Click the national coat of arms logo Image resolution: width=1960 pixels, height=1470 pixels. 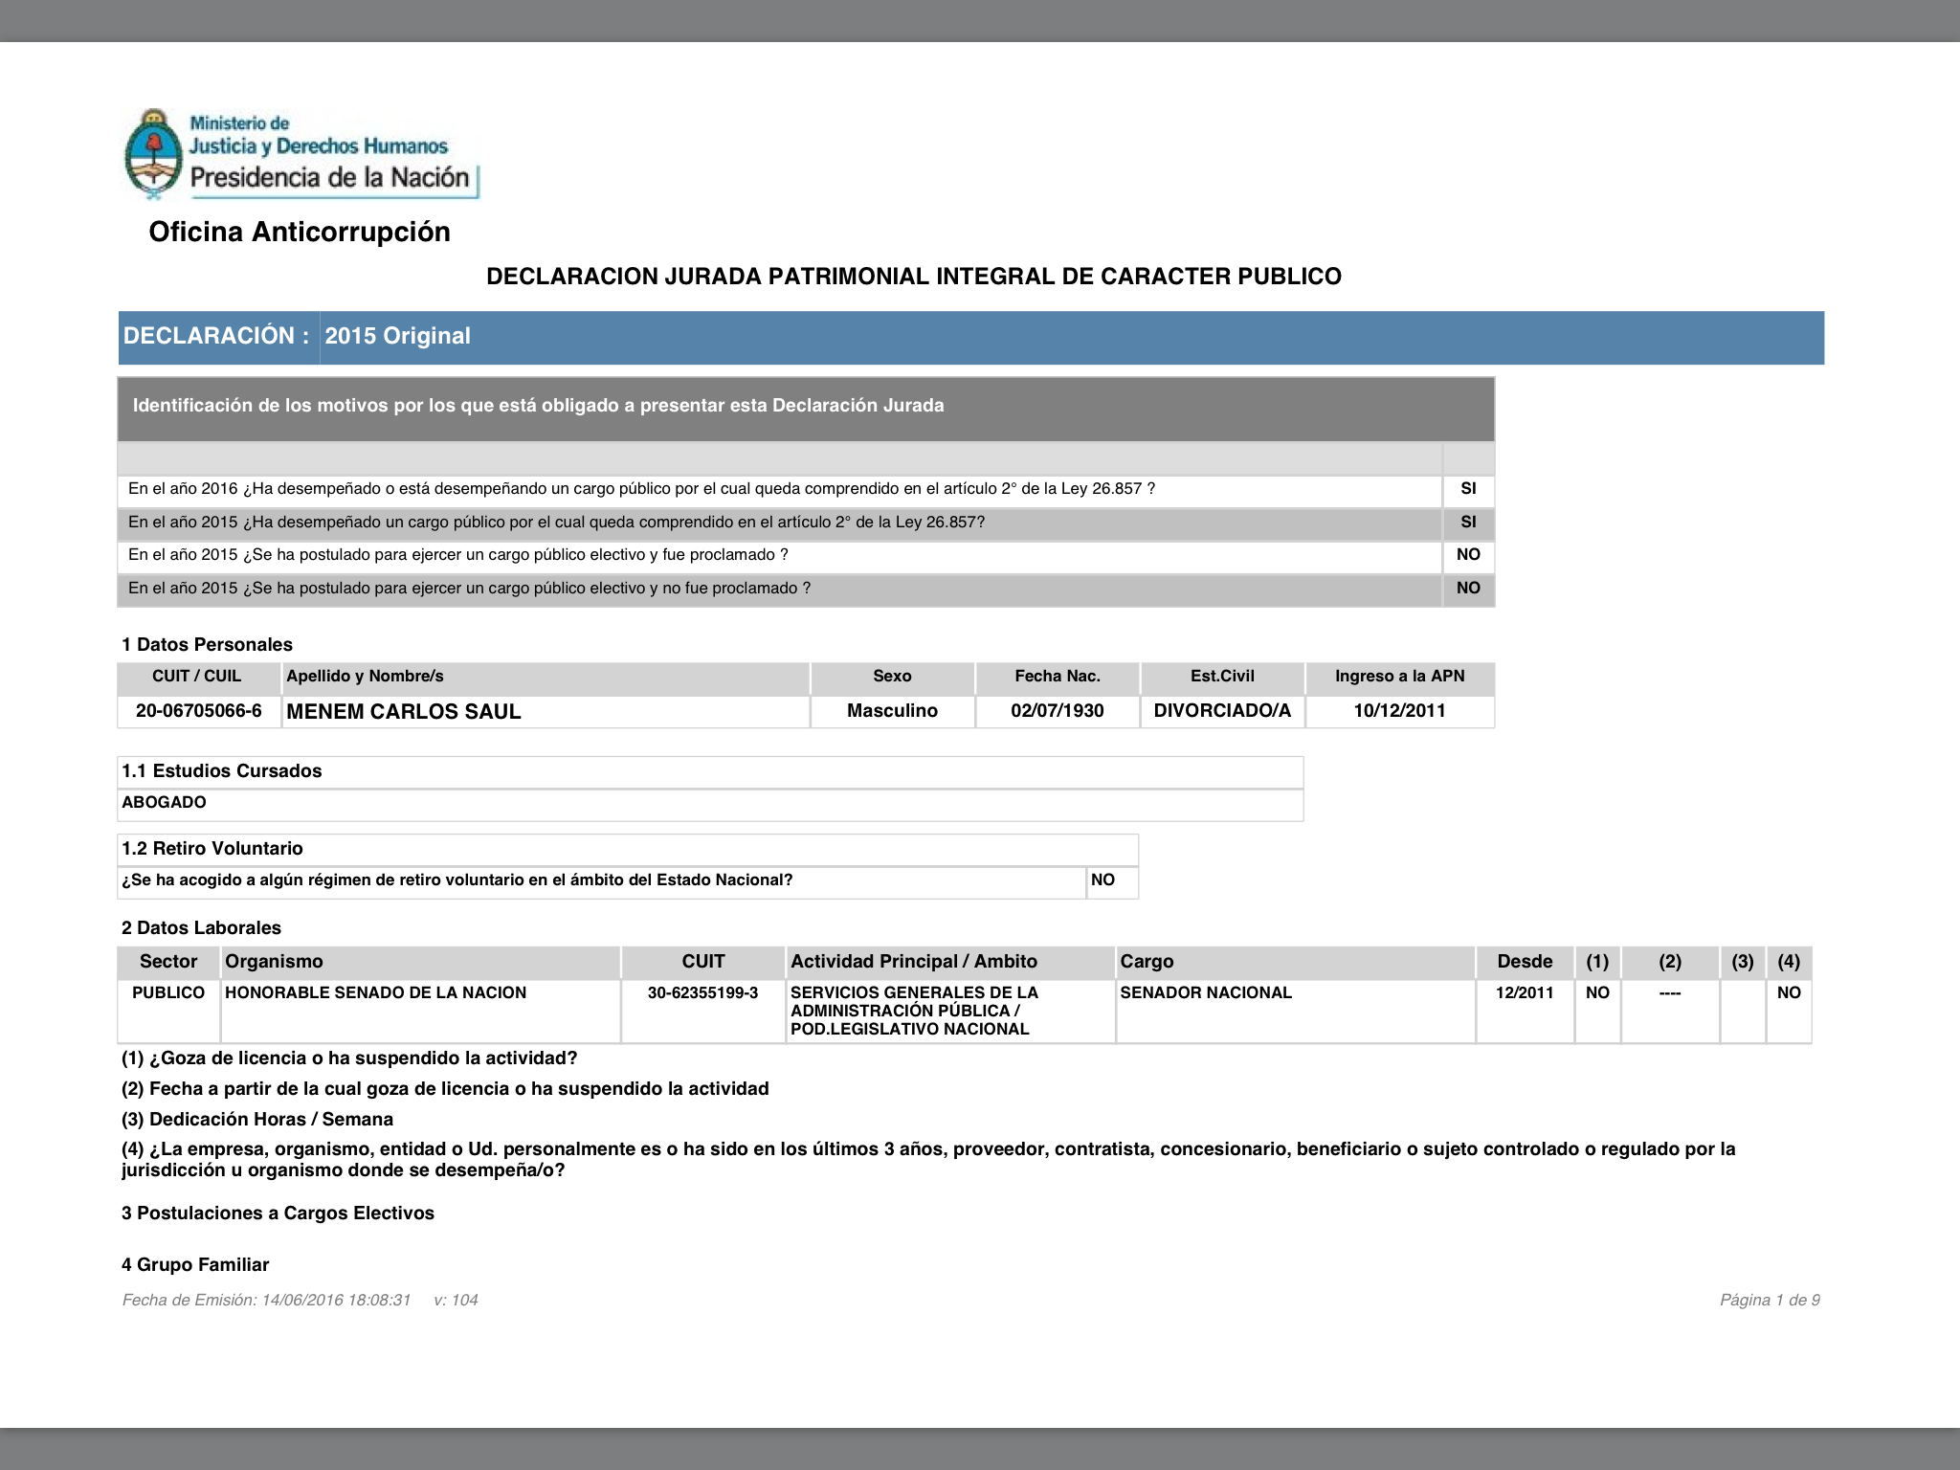153,153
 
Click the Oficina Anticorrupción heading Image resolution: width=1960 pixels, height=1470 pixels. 300,232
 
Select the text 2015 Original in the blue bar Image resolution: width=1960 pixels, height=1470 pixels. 397,336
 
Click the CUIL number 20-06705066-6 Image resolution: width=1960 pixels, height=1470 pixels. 199,711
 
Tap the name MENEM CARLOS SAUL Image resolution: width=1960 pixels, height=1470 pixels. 404,712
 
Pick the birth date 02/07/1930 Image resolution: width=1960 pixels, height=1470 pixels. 1058,711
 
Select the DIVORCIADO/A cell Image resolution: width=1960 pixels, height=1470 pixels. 1222,711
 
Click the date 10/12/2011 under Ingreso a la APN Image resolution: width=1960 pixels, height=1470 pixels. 1399,711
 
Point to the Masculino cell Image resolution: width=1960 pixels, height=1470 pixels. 892,711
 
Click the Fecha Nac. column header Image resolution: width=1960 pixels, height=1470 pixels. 1058,677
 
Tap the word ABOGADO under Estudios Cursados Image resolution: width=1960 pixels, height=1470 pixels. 164,803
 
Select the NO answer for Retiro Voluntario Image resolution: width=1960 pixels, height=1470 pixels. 1102,880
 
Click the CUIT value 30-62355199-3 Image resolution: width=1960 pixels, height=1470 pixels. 702,993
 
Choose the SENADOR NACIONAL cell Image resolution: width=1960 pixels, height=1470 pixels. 1206,993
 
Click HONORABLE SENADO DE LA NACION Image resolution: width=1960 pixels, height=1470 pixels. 375,993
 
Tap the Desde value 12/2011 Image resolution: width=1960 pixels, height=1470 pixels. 1525,993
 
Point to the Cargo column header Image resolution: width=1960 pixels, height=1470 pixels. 1147,962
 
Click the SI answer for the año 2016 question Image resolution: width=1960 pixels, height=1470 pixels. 1468,489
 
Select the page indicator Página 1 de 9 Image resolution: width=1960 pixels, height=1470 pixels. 1770,1300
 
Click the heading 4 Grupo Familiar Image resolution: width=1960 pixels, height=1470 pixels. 195,1265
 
